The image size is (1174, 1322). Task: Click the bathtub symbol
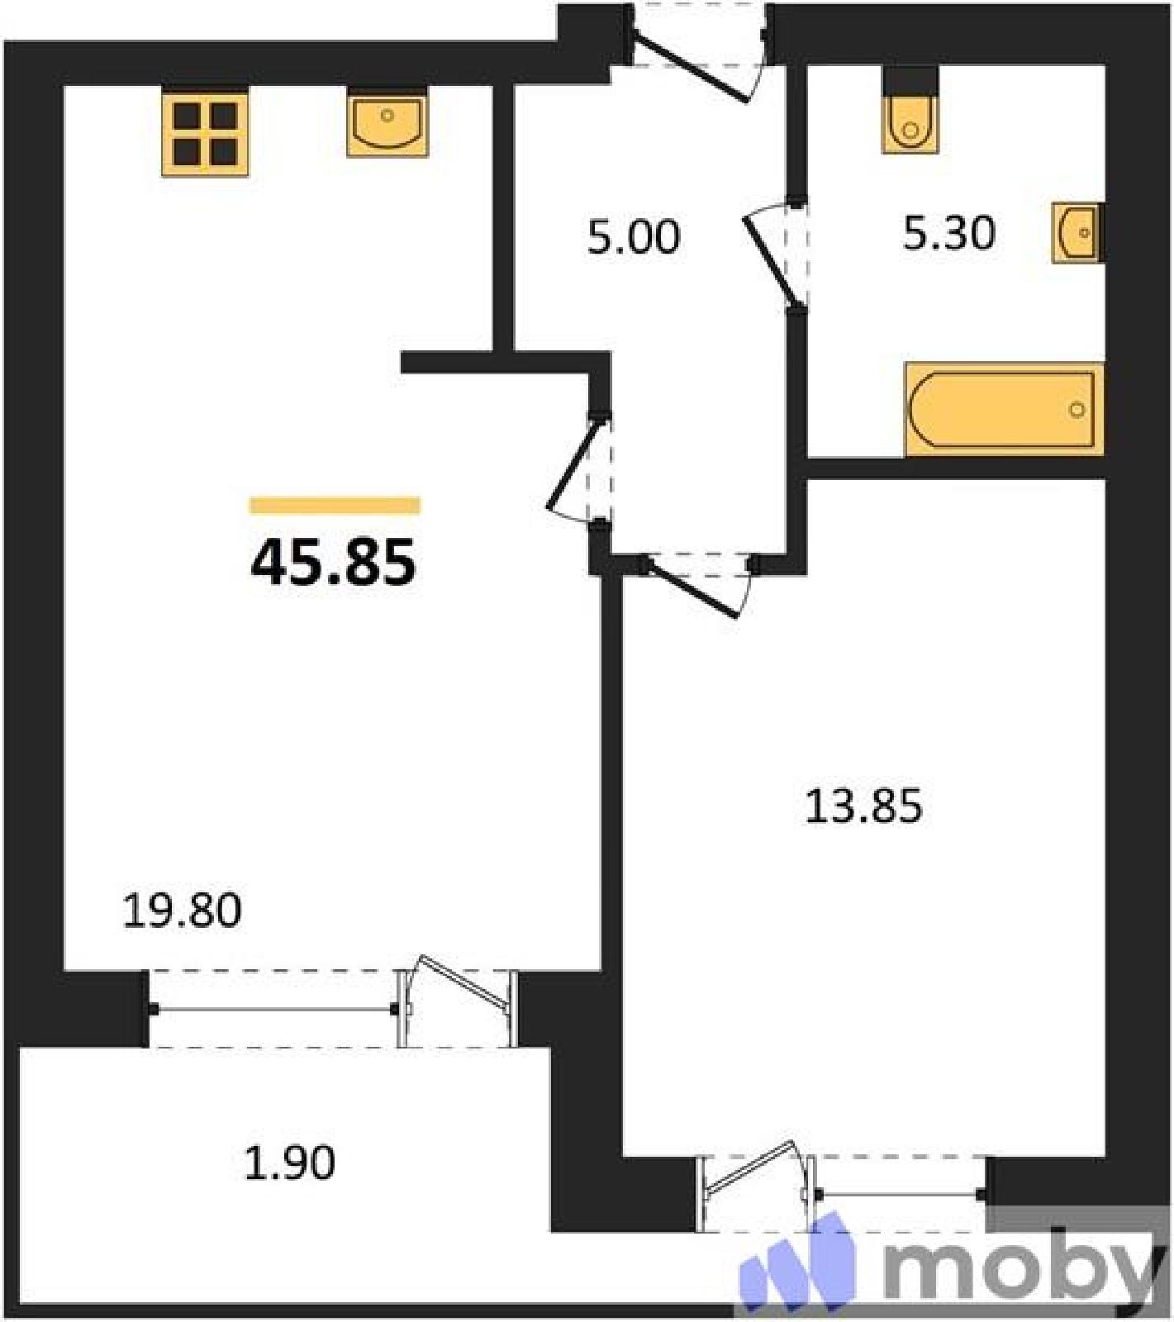1005,409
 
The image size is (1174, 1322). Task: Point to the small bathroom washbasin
1077,233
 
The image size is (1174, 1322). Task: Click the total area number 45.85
333,562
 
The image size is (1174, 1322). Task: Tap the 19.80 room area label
182,911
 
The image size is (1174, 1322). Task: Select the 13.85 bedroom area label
863,806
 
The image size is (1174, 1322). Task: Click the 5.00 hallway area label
634,236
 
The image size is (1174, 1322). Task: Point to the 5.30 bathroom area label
948,233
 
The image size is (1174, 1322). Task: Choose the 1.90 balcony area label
290,1163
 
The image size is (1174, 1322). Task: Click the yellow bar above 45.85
335,505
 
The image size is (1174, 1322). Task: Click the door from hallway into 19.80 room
579,468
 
